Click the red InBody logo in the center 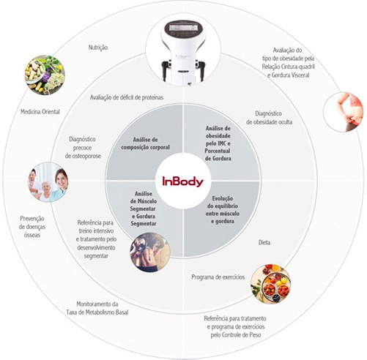point(183,181)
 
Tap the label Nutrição point(98,48)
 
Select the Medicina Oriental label point(40,112)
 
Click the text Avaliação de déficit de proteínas point(127,97)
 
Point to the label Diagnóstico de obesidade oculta point(269,118)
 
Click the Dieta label point(264,242)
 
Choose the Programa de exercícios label point(218,277)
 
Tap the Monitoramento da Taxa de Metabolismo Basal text point(97,308)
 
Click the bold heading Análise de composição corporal point(145,143)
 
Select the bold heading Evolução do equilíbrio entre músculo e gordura point(223,210)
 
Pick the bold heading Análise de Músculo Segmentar point(144,201)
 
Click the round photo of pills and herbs point(45,75)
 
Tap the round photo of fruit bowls point(271,284)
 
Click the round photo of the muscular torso point(150,252)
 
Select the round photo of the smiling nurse point(48,182)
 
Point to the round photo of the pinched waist point(343,112)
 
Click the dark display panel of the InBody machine point(185,29)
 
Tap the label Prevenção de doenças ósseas point(32,227)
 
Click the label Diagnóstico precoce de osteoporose point(83,148)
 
